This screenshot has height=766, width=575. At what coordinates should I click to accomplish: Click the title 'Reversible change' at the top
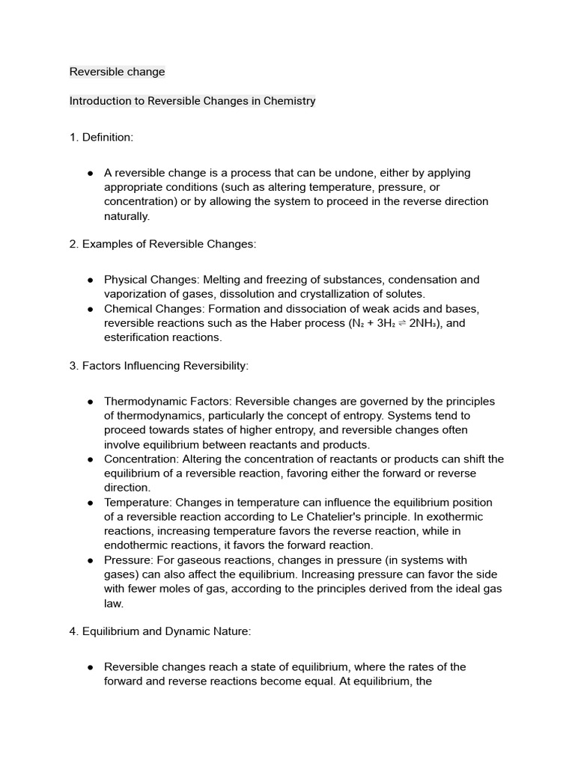point(117,72)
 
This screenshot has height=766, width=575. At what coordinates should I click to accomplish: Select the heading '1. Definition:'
point(101,137)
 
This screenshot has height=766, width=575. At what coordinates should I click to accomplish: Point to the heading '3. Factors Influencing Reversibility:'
point(159,366)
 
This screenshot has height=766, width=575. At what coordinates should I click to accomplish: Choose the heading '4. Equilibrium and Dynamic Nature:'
point(160,631)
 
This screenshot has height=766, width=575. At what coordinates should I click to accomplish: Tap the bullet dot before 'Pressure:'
point(90,560)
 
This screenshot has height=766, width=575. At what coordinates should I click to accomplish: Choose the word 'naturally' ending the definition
point(127,215)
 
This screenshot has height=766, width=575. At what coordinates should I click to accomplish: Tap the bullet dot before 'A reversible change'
point(90,173)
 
